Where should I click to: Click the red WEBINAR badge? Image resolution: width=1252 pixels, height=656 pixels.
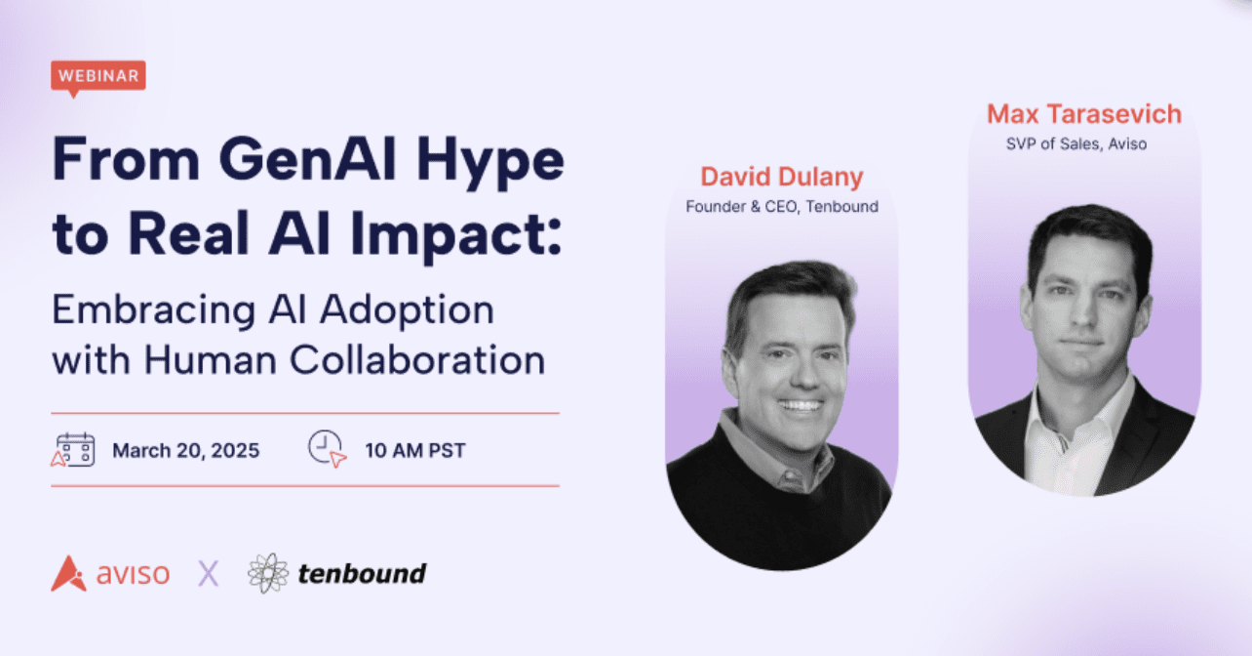(x=98, y=76)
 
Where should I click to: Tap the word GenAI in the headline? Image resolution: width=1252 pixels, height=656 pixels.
(x=308, y=159)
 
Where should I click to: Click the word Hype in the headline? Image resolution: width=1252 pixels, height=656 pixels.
(x=490, y=163)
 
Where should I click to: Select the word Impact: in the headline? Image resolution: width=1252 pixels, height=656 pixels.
(x=455, y=236)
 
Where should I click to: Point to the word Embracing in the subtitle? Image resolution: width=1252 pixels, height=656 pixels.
(x=154, y=310)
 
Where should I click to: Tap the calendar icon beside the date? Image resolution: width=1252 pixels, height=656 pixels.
(x=73, y=449)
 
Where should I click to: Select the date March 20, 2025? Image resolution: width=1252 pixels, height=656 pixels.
(x=185, y=451)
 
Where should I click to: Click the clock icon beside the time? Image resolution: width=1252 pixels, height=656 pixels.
(x=327, y=448)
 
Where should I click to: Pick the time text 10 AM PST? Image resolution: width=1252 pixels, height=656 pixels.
(x=414, y=451)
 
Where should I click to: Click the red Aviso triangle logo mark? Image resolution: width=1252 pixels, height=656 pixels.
(x=69, y=573)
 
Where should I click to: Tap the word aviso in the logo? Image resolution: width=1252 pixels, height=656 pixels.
(x=133, y=574)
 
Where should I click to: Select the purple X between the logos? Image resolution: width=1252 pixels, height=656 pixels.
(x=209, y=574)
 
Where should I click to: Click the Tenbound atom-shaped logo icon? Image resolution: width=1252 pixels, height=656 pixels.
(x=268, y=573)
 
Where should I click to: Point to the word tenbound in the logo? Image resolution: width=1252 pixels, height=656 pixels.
(x=362, y=574)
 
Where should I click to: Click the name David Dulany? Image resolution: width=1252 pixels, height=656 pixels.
(x=782, y=177)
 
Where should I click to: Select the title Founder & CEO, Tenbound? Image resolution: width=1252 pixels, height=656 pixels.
(x=782, y=207)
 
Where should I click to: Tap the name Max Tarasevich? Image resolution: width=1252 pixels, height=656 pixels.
(x=1084, y=114)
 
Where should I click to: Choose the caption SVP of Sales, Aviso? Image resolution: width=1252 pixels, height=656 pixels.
(x=1076, y=143)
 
